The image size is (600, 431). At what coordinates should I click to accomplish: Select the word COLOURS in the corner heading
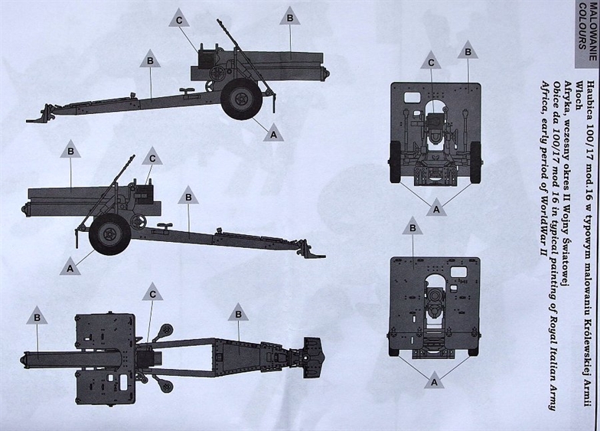(x=582, y=26)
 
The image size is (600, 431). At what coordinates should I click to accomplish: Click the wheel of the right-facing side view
(x=242, y=100)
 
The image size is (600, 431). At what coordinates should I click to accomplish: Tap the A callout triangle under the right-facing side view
(x=273, y=132)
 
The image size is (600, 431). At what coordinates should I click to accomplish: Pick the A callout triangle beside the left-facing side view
(x=70, y=266)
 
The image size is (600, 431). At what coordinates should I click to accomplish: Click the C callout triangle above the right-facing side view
(x=179, y=18)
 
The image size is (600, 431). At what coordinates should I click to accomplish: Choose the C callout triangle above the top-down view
(x=152, y=292)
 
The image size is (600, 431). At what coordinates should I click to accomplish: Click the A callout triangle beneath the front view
(x=434, y=380)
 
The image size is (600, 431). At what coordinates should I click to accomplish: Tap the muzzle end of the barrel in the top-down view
(x=25, y=360)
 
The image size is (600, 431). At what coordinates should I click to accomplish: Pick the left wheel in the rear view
(x=395, y=162)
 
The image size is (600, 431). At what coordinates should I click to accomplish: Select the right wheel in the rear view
(x=476, y=162)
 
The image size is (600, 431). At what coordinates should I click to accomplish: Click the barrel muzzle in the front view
(x=435, y=295)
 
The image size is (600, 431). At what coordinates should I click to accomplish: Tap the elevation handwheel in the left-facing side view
(x=136, y=222)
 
